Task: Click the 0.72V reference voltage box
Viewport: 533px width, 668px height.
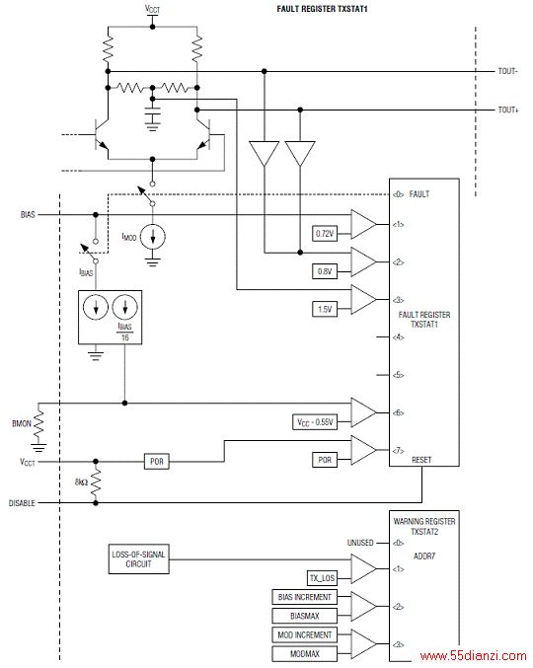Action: coord(325,234)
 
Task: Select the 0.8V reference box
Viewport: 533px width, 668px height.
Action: coord(325,271)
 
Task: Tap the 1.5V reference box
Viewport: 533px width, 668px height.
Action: coord(325,309)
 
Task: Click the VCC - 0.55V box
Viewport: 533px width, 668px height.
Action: coord(315,421)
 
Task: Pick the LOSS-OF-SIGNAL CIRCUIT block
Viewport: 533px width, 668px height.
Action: coord(139,558)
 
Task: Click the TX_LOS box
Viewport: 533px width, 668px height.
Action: coord(322,578)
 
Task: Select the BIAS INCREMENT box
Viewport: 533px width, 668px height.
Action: coord(305,597)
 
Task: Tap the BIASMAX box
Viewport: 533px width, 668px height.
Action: coord(305,616)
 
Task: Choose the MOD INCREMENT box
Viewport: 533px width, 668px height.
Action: coord(305,634)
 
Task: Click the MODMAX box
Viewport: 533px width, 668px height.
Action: coord(305,653)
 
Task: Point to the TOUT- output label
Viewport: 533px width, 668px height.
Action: coord(508,71)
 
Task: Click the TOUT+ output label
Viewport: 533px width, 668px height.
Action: coord(508,110)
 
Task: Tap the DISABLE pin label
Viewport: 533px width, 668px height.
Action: coord(22,503)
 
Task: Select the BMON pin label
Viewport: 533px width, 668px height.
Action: coord(22,423)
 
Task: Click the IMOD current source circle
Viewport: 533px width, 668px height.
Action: coord(153,237)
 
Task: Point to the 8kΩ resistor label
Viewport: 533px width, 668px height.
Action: coord(81,482)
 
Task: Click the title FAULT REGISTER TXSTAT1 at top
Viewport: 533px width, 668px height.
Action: coord(322,9)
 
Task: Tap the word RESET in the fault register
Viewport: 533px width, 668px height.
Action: coord(421,460)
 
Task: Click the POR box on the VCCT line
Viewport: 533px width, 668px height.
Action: coord(157,462)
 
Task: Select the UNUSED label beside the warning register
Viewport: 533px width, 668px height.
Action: coord(360,543)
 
